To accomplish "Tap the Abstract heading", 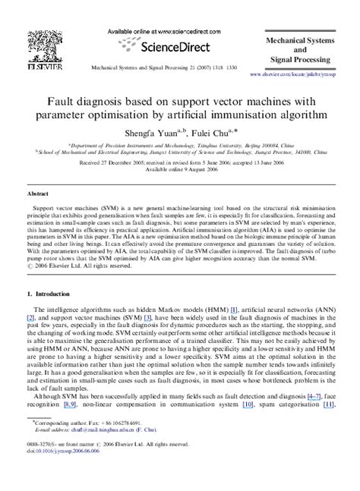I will [36, 194].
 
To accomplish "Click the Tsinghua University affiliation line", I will [180, 143].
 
